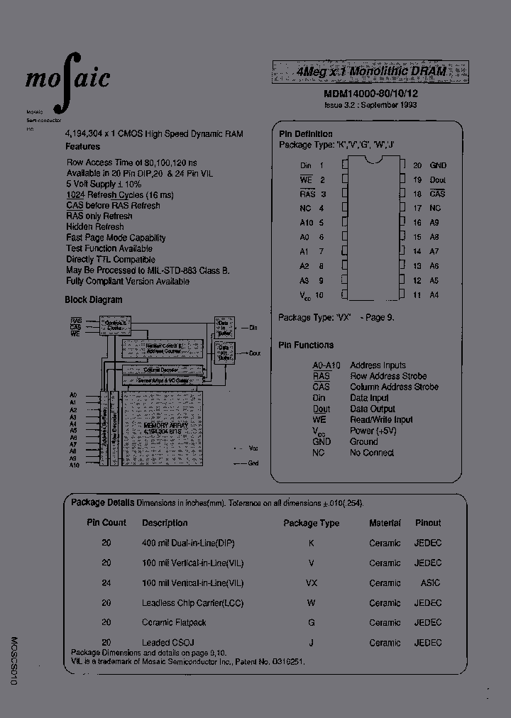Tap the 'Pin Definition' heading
click(305, 133)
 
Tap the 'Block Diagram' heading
click(94, 299)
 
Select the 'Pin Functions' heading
click(306, 345)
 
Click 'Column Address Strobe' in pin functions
click(394, 387)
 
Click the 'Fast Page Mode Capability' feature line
click(116, 238)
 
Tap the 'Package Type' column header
click(311, 523)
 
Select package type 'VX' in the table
click(311, 582)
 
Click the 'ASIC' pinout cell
click(429, 582)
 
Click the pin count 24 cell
click(106, 582)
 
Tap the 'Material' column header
click(385, 523)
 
